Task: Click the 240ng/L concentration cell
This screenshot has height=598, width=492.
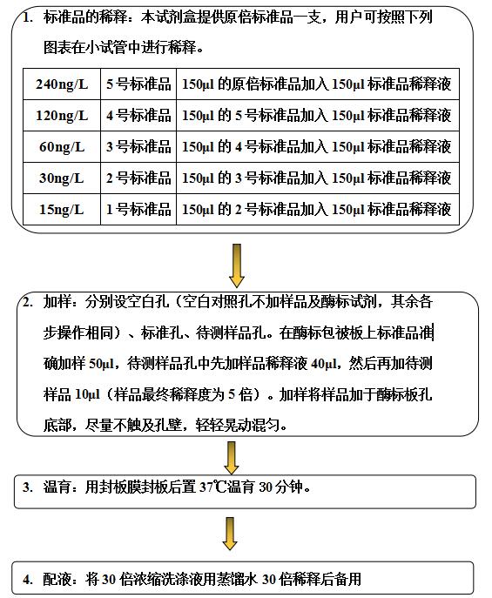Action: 62,84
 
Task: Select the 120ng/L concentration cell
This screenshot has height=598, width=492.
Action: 62,116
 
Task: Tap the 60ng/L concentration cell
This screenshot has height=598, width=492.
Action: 62,147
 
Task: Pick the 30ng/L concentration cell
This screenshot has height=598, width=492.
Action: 62,178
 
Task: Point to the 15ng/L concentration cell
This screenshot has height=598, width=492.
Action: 62,210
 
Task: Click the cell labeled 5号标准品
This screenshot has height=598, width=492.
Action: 138,84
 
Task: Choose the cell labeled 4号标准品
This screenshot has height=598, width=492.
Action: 138,116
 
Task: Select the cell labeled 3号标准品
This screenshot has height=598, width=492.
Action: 138,147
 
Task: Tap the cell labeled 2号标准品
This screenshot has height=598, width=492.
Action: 138,178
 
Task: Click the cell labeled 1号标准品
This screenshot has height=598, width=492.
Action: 138,210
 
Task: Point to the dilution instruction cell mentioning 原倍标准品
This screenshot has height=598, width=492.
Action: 318,84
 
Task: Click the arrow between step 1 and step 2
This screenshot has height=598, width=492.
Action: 237,265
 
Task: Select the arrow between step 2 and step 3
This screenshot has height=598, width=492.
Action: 231,458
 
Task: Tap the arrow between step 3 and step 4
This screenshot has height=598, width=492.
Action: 230,534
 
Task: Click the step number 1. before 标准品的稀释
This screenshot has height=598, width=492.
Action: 28,17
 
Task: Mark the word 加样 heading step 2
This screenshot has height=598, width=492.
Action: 57,302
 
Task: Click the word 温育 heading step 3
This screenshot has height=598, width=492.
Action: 57,487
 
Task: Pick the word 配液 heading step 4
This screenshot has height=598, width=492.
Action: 57,580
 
